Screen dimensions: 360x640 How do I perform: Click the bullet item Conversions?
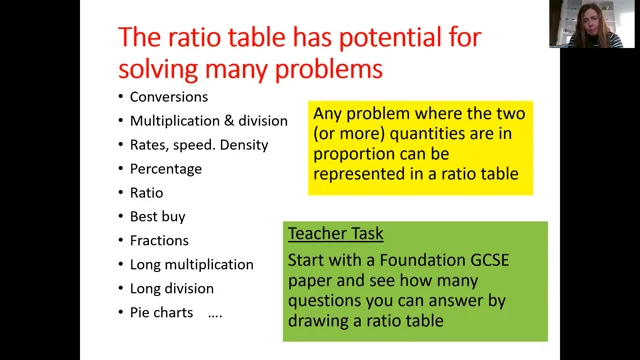(x=169, y=97)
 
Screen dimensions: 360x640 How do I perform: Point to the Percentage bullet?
(x=166, y=169)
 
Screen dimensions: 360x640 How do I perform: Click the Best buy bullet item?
(x=157, y=217)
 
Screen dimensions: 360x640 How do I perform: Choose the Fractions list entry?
(x=161, y=241)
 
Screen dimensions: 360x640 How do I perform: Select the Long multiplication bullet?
(x=191, y=265)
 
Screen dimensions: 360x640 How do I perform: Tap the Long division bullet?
(x=172, y=289)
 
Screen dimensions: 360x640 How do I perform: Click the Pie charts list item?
(x=164, y=313)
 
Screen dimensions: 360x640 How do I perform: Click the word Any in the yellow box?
(x=329, y=114)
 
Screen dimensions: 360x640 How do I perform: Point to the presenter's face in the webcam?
(x=584, y=22)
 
